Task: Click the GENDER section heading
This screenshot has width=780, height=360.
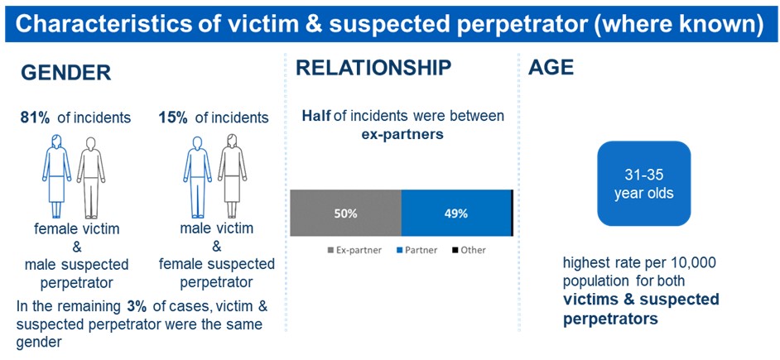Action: click(x=66, y=73)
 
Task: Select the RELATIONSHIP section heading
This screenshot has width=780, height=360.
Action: click(x=373, y=68)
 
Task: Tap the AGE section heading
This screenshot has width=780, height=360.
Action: click(x=551, y=68)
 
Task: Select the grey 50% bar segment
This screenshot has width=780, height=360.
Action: click(x=346, y=214)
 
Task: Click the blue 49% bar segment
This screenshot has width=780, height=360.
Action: click(x=456, y=214)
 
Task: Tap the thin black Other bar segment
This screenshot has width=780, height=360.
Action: click(x=513, y=214)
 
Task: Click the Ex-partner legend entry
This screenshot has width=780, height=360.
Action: click(x=354, y=250)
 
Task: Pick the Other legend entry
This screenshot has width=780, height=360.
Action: click(x=469, y=250)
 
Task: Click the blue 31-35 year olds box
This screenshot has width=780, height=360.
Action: click(x=643, y=184)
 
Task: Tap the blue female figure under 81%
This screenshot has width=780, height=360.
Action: click(x=56, y=176)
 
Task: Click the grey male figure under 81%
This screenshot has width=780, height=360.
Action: click(x=90, y=177)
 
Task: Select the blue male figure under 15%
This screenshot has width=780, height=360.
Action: click(x=198, y=177)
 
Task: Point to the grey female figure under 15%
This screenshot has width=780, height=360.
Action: click(x=233, y=176)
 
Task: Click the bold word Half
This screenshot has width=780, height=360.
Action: click(x=315, y=117)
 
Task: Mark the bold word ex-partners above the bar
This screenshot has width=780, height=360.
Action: click(x=402, y=134)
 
